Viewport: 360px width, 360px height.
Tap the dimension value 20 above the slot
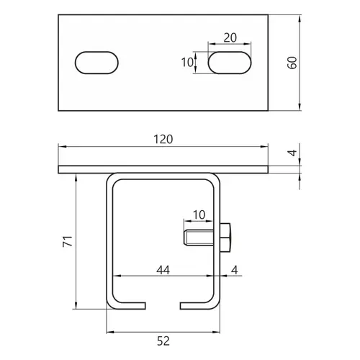[x=230, y=37]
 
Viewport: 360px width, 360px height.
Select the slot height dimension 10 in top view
[x=187, y=63]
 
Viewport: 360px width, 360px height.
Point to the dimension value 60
[x=292, y=63]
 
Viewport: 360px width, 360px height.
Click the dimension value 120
[x=163, y=140]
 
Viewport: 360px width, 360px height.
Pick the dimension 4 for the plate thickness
[x=292, y=153]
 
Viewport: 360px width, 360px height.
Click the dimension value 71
[x=68, y=241]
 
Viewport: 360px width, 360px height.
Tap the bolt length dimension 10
[x=199, y=215]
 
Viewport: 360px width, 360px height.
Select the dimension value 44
[x=163, y=270]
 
